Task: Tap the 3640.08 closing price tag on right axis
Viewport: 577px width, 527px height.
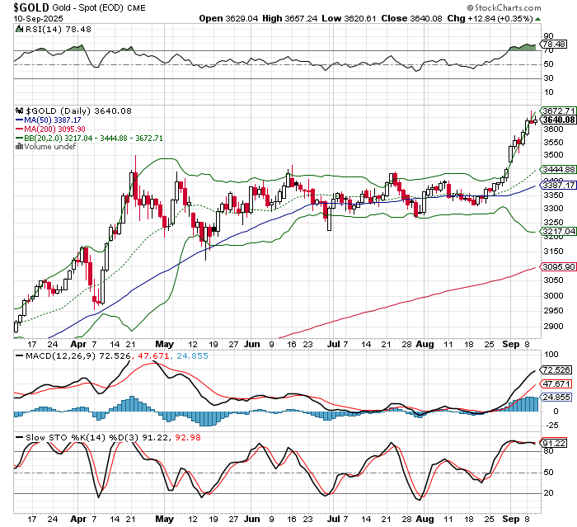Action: (x=558, y=120)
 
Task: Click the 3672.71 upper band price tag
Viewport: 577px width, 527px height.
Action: (x=558, y=111)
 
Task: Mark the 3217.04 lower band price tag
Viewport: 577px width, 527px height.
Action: (x=558, y=233)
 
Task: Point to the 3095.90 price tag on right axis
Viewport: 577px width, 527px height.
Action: (x=558, y=266)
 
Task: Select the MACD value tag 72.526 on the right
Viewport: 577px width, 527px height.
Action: (x=556, y=371)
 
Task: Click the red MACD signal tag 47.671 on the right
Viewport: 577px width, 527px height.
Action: (x=556, y=384)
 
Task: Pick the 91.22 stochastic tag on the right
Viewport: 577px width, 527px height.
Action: (x=556, y=443)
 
